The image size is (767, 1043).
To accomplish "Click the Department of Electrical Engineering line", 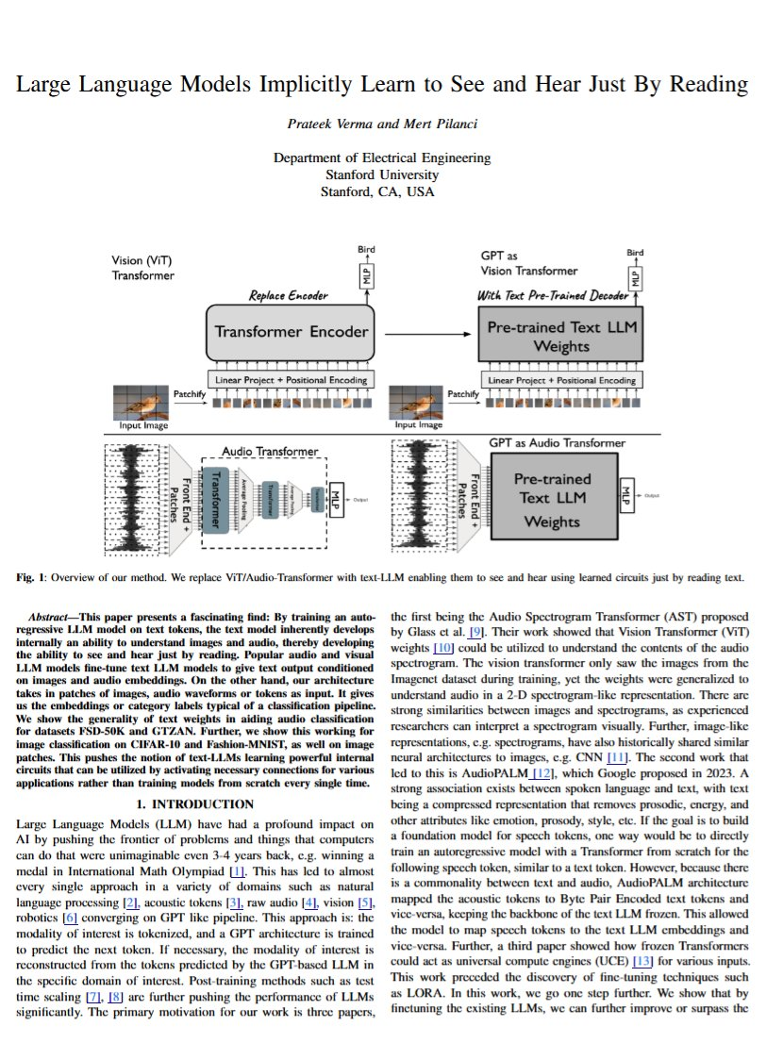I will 381,158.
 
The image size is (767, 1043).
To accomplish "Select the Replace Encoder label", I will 288,295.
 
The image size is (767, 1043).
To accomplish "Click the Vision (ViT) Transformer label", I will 143,268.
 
